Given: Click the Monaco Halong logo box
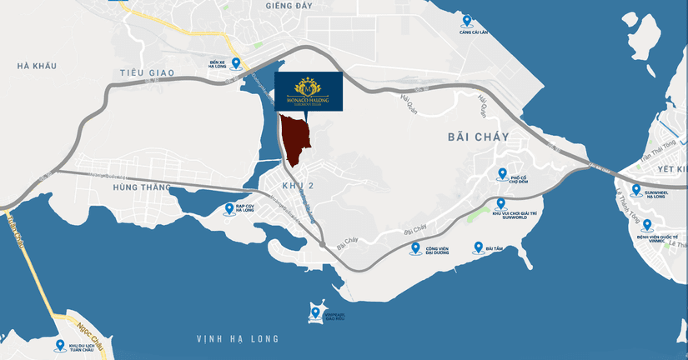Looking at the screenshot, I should pos(309,90).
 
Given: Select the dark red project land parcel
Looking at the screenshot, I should pos(294,138).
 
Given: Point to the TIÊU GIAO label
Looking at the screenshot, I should pos(145,73).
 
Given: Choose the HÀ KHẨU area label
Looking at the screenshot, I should pos(35,65).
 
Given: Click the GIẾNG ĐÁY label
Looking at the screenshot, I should pos(264,5).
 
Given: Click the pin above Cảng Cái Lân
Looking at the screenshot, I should pos(466,21).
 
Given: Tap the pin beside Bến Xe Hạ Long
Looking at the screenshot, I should pos(236,63).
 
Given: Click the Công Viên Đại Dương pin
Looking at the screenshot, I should pos(415,248).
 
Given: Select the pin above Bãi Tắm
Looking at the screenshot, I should pos(478,247).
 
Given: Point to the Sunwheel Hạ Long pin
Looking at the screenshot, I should pos(636,190).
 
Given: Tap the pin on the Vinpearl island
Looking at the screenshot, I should pos(315,313).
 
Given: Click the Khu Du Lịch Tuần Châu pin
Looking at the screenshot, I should pos(60,345).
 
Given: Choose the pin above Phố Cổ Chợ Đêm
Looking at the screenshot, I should pos(501,174).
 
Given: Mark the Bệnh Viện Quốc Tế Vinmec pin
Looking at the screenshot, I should pos(647,226).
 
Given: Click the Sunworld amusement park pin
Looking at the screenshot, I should pos(500,203).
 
